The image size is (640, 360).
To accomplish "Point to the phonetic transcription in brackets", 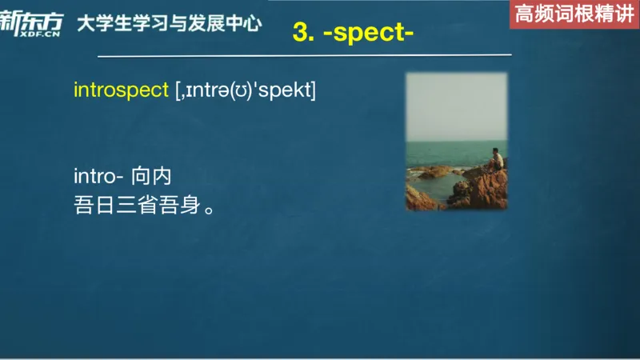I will tap(246, 91).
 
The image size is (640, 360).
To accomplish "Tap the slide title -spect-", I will tap(367, 33).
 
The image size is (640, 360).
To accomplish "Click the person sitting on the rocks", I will tap(497, 159).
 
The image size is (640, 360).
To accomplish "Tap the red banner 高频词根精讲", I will tap(574, 15).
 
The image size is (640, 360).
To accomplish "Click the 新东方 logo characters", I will tap(30, 20).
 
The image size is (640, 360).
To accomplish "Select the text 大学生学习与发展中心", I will tap(169, 23).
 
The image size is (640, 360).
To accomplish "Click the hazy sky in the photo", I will tap(456, 104).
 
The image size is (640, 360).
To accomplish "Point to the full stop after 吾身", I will tap(209, 210).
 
